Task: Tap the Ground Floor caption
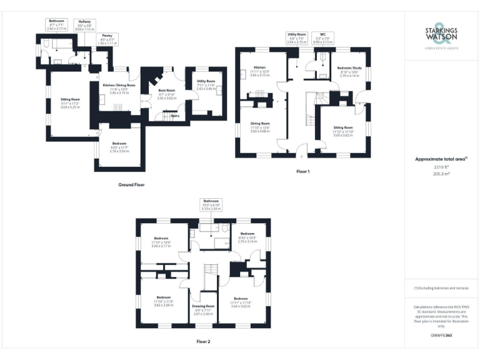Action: (x=132, y=185)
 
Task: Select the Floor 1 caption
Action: (x=303, y=171)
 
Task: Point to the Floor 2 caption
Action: (x=204, y=341)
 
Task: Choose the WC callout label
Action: (x=322, y=39)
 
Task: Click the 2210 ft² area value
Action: (x=441, y=167)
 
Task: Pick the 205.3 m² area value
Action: (x=441, y=174)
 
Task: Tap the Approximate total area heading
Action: (x=441, y=159)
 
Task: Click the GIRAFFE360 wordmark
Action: (x=441, y=336)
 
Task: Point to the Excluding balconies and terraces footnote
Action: (x=441, y=287)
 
